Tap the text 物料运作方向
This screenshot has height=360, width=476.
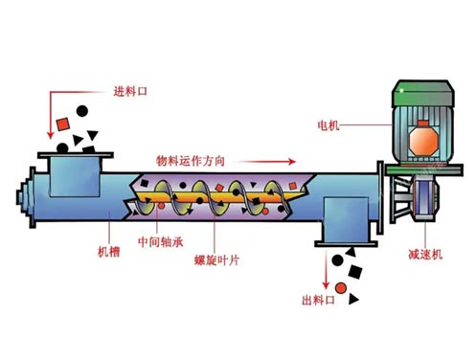[x=191, y=160]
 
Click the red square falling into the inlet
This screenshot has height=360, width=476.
[x=63, y=124]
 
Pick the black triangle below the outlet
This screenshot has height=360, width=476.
[x=354, y=300]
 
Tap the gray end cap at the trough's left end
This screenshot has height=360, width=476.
[x=22, y=197]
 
